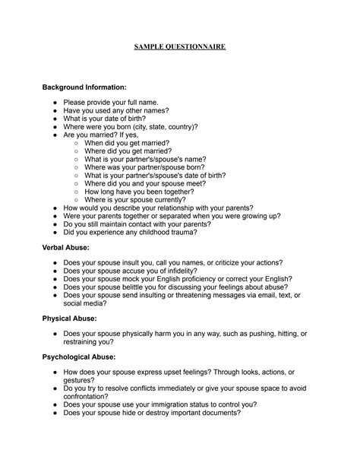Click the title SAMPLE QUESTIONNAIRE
click(x=180, y=47)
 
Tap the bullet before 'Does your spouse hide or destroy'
click(x=56, y=413)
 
